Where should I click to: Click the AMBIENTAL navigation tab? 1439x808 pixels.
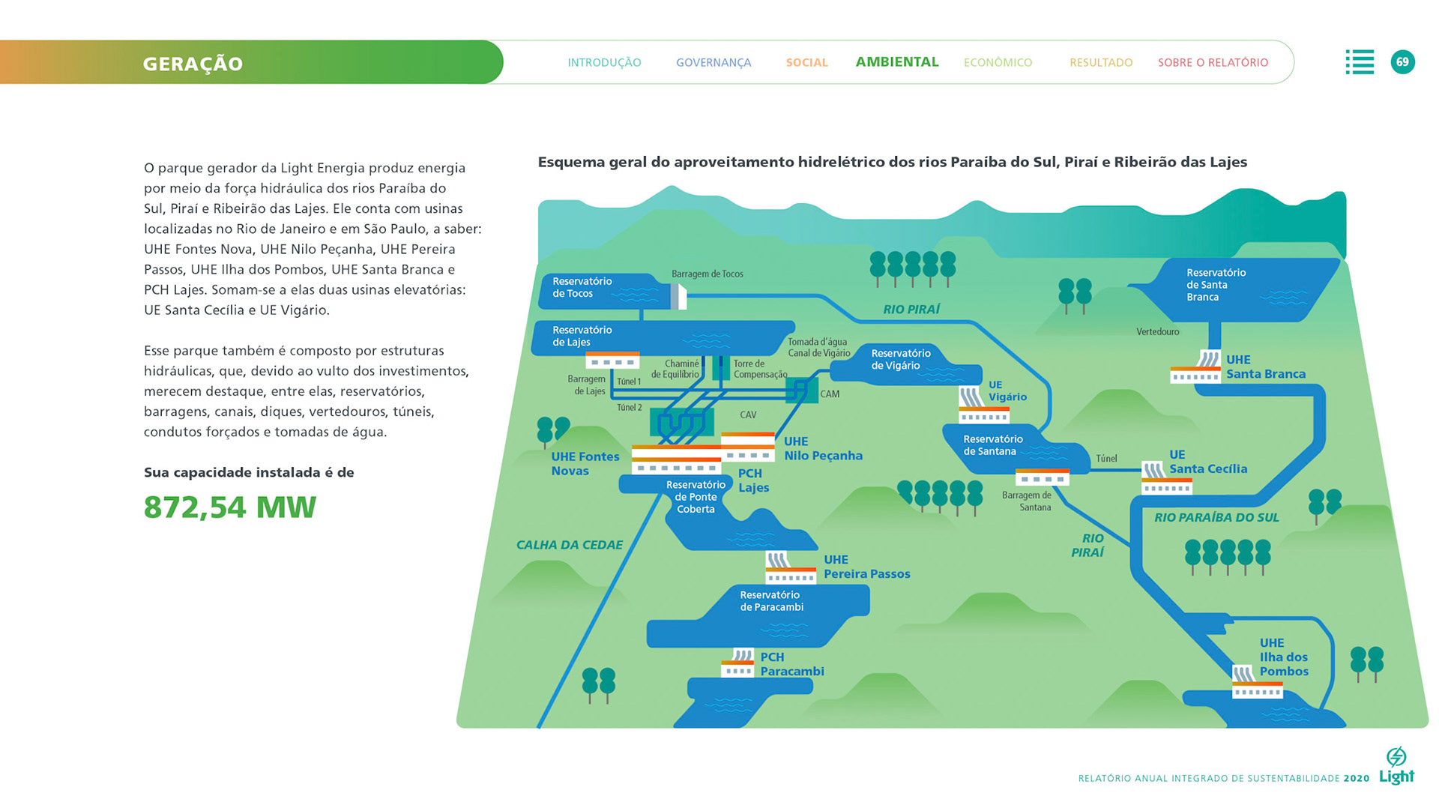tap(896, 62)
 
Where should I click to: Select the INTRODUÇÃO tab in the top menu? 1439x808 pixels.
tap(604, 63)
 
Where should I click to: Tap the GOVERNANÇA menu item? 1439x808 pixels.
tap(713, 63)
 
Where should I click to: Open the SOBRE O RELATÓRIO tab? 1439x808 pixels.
tap(1213, 63)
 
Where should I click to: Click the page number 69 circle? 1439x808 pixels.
tap(1402, 62)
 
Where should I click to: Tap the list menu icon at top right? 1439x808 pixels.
tap(1360, 62)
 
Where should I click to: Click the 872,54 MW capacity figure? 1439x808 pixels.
tap(230, 507)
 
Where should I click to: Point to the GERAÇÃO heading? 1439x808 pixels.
tap(193, 64)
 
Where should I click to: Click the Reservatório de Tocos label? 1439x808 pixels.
tap(582, 287)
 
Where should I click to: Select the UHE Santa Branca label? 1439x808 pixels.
tap(1265, 367)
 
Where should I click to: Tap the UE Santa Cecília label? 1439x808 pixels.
tap(1207, 462)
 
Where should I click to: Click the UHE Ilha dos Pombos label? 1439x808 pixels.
tap(1283, 657)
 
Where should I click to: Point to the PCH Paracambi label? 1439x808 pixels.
tap(791, 664)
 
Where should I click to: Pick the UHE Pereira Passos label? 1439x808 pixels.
tap(866, 567)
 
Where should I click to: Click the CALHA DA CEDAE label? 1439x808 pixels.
tap(569, 545)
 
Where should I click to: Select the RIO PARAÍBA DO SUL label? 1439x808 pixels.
tap(1216, 517)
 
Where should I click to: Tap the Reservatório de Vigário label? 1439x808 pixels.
tap(900, 359)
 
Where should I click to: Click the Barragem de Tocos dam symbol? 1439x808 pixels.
tap(678, 296)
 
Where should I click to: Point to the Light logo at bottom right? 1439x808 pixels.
tap(1396, 766)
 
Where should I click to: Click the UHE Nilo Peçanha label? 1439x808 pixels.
tap(822, 448)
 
